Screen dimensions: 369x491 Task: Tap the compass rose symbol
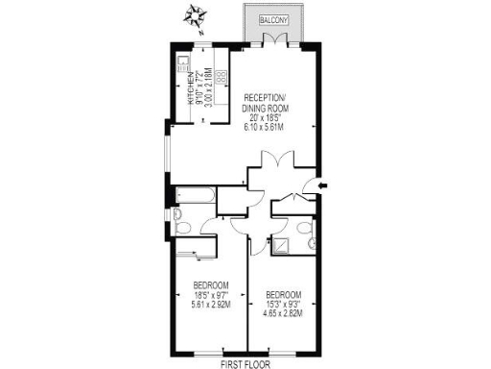click(196, 16)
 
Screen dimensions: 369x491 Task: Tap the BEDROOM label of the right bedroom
click(284, 294)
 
